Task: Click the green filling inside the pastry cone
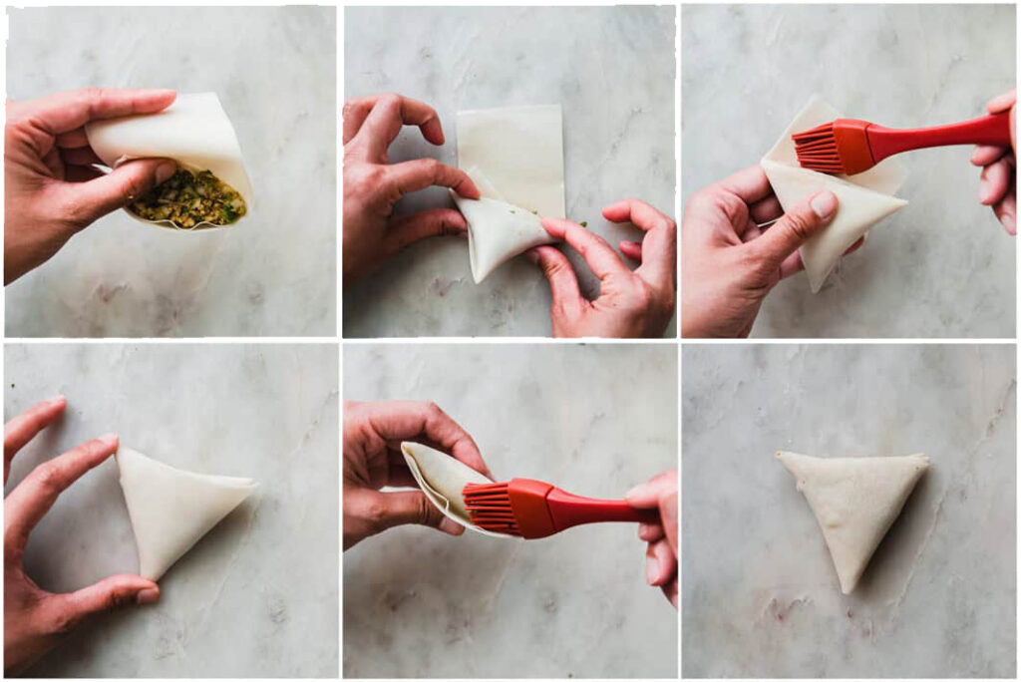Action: [x=188, y=198]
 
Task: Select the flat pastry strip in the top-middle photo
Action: [x=510, y=150]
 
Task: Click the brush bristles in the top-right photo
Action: [x=817, y=149]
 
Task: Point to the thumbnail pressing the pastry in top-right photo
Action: [x=824, y=205]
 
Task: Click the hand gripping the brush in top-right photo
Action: [x=997, y=160]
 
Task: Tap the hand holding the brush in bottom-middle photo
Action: [x=658, y=528]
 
